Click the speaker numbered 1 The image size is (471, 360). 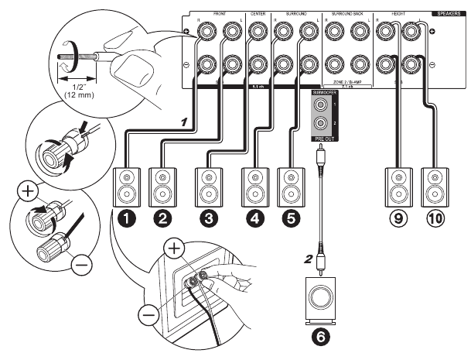pos(125,184)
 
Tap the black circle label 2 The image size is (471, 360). pos(162,219)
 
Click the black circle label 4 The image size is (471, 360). pos(253,219)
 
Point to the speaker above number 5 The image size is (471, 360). pos(289,184)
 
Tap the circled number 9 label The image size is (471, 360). pos(397,219)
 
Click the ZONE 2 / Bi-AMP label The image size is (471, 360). pos(346,81)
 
